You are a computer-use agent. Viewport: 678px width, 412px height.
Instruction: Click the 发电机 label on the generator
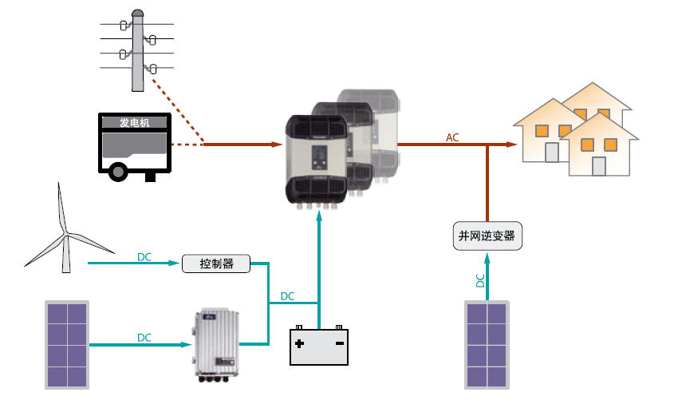135,123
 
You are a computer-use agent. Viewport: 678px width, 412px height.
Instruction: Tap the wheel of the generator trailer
117,172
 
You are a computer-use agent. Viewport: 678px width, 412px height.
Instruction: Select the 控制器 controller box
216,263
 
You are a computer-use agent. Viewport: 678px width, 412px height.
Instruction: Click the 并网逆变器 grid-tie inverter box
487,236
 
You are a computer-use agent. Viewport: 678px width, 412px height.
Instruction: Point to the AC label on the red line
452,137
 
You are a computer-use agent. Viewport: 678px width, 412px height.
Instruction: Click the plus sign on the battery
299,343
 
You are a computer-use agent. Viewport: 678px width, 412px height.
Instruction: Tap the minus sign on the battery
340,343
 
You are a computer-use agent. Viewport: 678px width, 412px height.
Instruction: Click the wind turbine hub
66,235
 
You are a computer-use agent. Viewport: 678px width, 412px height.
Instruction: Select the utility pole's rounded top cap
137,14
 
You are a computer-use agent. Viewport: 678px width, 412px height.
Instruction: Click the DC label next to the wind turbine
144,257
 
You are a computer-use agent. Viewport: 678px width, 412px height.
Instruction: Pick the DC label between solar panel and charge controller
144,338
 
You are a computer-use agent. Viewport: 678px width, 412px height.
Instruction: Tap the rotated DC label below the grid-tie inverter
480,280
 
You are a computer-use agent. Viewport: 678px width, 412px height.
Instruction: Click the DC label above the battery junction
287,296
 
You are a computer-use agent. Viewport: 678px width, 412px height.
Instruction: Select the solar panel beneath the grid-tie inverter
487,345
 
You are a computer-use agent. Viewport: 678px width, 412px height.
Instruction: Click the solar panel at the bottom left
67,345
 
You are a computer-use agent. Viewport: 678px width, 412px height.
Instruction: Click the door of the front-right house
598,166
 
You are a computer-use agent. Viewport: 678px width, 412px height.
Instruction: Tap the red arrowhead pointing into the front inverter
277,144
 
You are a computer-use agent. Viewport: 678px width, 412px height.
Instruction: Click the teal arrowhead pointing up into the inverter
319,216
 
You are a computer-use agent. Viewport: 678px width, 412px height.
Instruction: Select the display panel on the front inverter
320,157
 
